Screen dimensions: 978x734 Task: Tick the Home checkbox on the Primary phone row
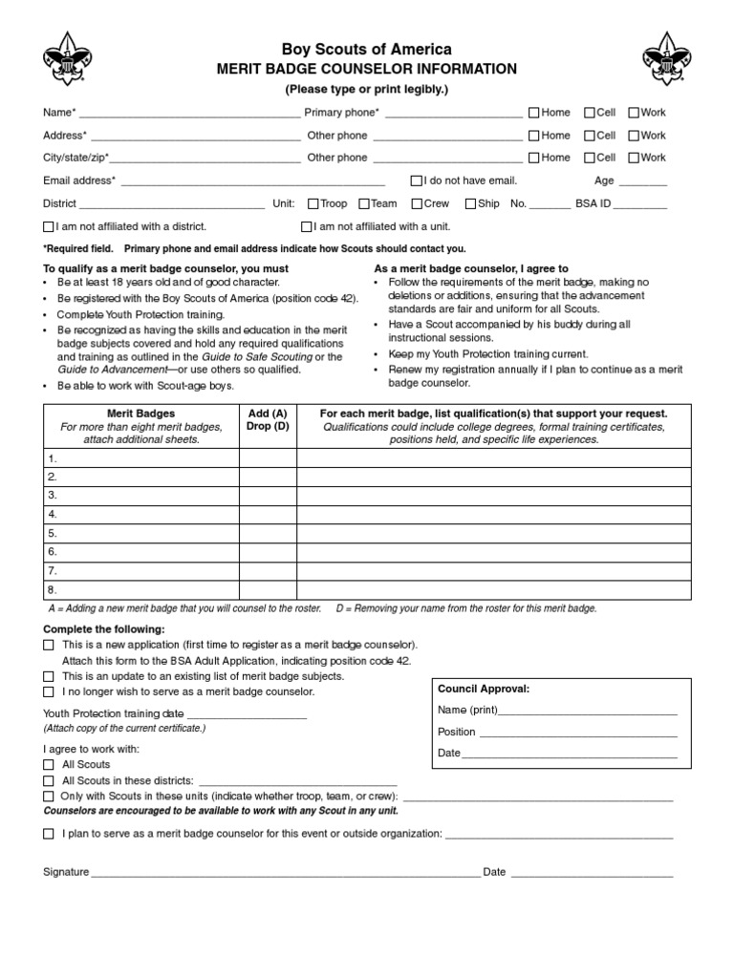(x=534, y=113)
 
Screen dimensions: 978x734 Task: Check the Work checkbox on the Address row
(x=634, y=136)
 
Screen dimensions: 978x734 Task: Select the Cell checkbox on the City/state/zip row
(x=590, y=158)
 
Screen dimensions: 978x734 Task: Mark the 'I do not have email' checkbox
(x=417, y=181)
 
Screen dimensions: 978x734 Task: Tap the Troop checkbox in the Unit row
(x=313, y=203)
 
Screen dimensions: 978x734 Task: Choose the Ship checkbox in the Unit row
(x=470, y=203)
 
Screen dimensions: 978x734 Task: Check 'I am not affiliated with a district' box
(x=49, y=227)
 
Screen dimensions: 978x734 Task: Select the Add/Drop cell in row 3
(x=268, y=495)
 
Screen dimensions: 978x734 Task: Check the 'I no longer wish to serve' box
(x=49, y=691)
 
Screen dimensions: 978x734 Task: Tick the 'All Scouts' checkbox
(x=49, y=765)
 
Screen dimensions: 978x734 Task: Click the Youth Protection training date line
(x=248, y=715)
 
